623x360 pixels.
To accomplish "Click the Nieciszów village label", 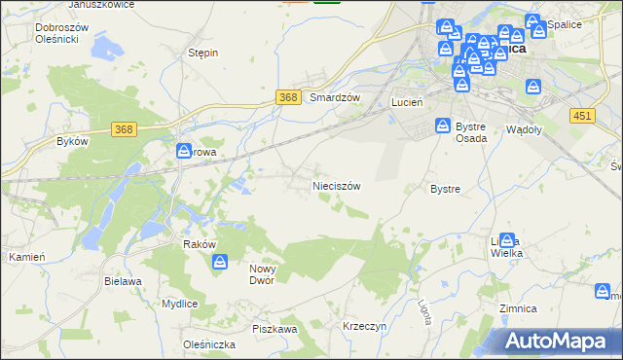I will pos(336,185).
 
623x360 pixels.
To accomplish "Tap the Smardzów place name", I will pos(335,97).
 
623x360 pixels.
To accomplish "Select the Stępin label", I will pos(202,53).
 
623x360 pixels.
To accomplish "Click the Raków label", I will pos(199,245).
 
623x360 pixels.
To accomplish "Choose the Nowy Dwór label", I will pos(263,273).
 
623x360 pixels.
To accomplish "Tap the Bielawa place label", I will pos(123,280).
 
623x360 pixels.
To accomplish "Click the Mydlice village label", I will pos(180,304).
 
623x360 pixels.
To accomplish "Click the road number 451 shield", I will pos(582,115).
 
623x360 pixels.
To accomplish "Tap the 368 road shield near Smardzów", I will pos(287,97).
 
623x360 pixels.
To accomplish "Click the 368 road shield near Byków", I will pos(123,129).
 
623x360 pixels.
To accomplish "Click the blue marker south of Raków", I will pos(221,262).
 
